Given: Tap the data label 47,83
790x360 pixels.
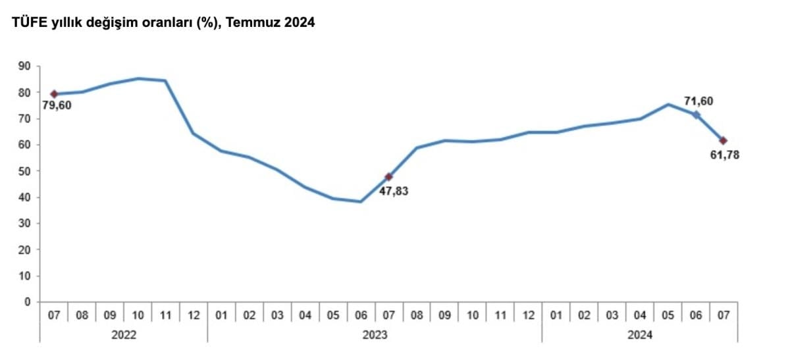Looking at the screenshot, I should pyautogui.click(x=394, y=192).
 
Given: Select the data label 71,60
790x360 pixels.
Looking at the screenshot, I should pyautogui.click(x=698, y=101).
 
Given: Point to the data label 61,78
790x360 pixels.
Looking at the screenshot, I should pyautogui.click(x=724, y=155).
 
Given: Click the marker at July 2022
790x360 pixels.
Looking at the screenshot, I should pyautogui.click(x=54, y=94).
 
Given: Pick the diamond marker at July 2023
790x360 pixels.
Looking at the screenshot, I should pyautogui.click(x=388, y=176).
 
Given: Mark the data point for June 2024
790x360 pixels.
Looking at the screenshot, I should pyautogui.click(x=696, y=115).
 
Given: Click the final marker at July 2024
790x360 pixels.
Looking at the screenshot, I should pyautogui.click(x=724, y=140).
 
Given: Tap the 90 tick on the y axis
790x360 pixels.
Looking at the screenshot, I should pyautogui.click(x=25, y=66).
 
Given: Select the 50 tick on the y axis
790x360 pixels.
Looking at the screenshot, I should pyautogui.click(x=25, y=171).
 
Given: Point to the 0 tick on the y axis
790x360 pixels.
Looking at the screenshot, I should pyautogui.click(x=28, y=302).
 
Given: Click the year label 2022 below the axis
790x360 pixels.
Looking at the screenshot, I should pyautogui.click(x=124, y=335).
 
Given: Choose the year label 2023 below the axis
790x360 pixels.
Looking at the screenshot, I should pyautogui.click(x=375, y=335).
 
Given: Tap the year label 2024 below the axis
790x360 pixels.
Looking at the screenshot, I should pyautogui.click(x=640, y=335).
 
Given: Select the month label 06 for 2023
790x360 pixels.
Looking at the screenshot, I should pyautogui.click(x=361, y=315).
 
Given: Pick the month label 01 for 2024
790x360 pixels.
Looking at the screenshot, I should pyautogui.click(x=556, y=315).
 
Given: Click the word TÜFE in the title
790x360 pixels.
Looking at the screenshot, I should pyautogui.click(x=27, y=23).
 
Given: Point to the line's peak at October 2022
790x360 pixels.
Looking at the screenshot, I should pyautogui.click(x=138, y=78).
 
